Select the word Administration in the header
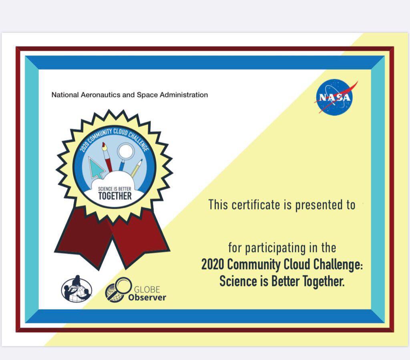[184, 94]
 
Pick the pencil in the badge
[137, 168]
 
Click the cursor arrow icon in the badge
[96, 168]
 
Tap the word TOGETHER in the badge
[115, 196]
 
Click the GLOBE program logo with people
[76, 289]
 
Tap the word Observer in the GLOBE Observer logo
[147, 298]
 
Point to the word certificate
[256, 204]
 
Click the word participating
[275, 248]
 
